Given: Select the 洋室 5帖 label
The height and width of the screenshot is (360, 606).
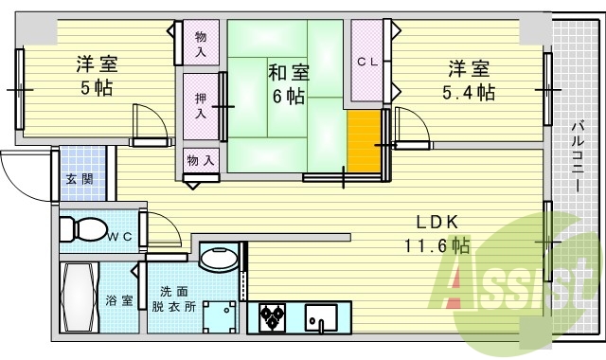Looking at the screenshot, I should pos(96,77).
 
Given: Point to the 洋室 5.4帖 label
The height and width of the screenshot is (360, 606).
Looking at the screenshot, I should pos(469,80).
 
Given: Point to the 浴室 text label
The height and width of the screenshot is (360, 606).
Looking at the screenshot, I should pos(119,300).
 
